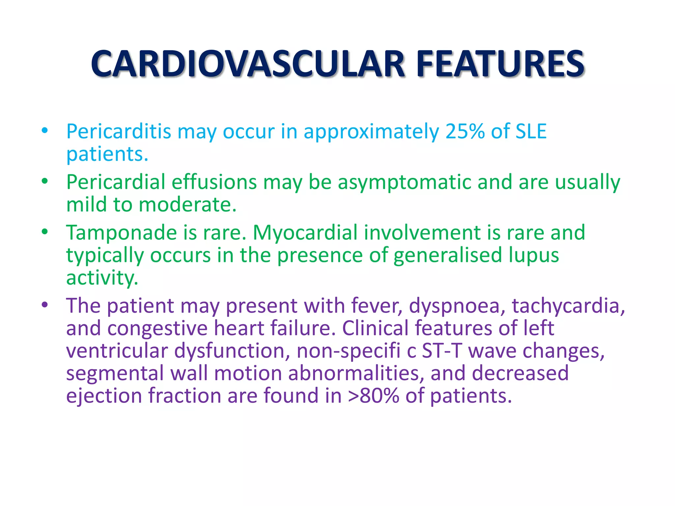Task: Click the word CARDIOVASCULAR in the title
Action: (x=247, y=64)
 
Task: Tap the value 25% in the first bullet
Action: (x=465, y=131)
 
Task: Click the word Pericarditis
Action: (x=119, y=131)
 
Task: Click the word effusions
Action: (x=214, y=182)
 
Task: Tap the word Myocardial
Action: (x=305, y=233)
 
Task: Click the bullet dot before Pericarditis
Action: (x=45, y=130)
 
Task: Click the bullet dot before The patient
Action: (x=45, y=305)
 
